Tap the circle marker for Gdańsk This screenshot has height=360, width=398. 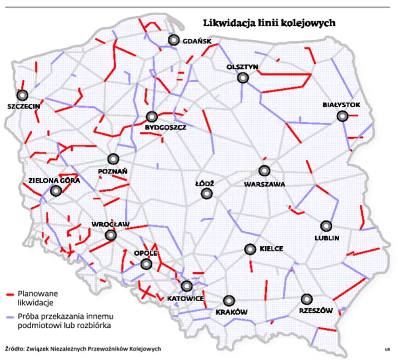174,40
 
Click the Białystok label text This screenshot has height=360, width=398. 342,104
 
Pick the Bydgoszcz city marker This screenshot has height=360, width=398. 151,117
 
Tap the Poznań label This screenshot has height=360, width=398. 113,171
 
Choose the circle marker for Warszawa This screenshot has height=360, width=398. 264,171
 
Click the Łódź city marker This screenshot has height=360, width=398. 207,193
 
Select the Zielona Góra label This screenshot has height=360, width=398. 54,180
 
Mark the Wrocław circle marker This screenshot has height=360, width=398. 111,236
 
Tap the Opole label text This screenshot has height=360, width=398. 146,254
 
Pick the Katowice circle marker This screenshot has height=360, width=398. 187,286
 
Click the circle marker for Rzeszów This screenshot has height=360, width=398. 306,299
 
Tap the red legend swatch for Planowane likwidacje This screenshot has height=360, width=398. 9,294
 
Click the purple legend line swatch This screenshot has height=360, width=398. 9,317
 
